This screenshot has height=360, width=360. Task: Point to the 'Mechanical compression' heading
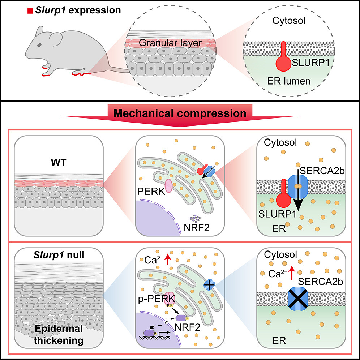click(x=180, y=113)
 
